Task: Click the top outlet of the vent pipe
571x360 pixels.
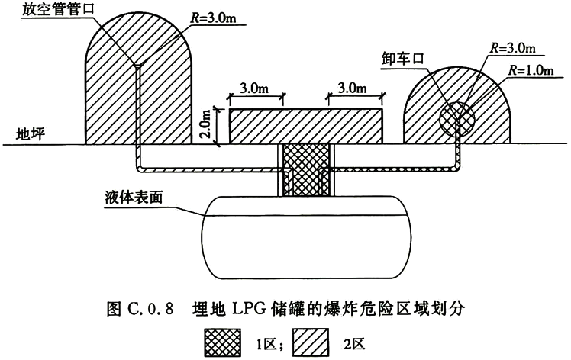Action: (138, 66)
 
